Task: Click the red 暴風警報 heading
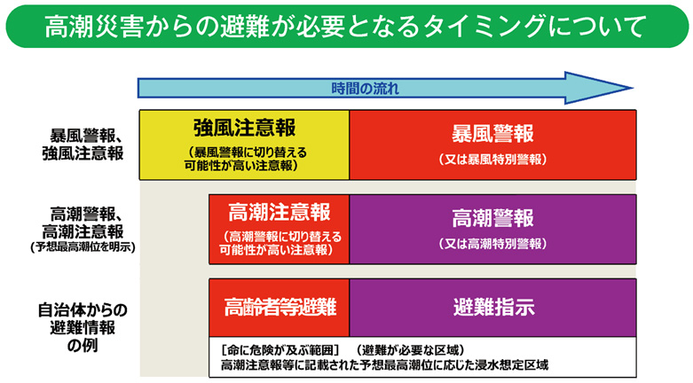click(x=492, y=134)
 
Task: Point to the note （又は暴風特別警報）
click(x=492, y=160)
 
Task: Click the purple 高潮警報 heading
click(x=492, y=218)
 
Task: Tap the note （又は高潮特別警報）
click(x=492, y=243)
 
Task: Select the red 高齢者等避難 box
click(x=279, y=308)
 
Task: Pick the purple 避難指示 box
click(x=492, y=308)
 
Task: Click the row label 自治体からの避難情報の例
click(x=83, y=327)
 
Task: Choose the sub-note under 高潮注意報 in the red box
click(x=279, y=243)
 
